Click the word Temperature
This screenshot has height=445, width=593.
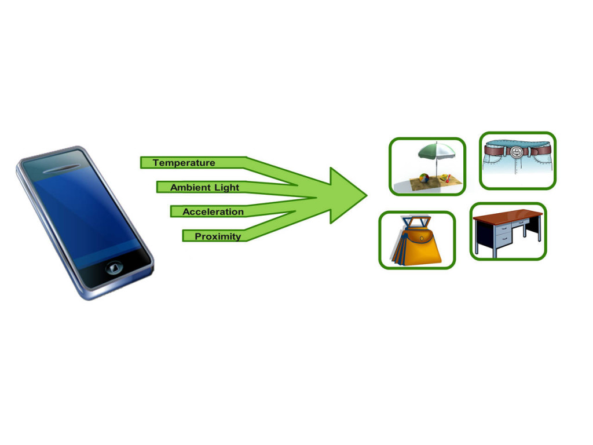(x=184, y=163)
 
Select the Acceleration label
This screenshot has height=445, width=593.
(x=213, y=212)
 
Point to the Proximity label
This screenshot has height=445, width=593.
(x=218, y=236)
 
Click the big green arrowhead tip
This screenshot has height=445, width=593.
(x=367, y=196)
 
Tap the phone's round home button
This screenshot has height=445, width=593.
(x=114, y=268)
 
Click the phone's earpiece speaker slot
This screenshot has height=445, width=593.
(x=61, y=169)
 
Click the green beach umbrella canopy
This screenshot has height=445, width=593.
(x=437, y=151)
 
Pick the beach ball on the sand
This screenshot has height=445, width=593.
(x=424, y=178)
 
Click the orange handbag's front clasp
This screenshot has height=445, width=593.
(x=422, y=239)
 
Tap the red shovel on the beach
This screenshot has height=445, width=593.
(x=448, y=178)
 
